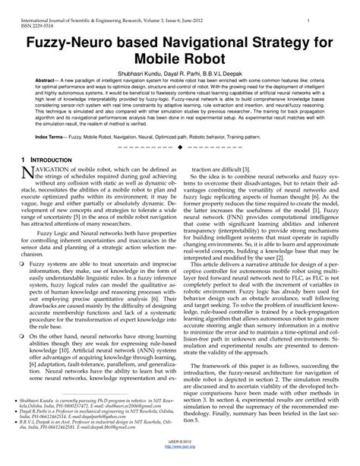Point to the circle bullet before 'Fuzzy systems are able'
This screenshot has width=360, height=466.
[x=22, y=264]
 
